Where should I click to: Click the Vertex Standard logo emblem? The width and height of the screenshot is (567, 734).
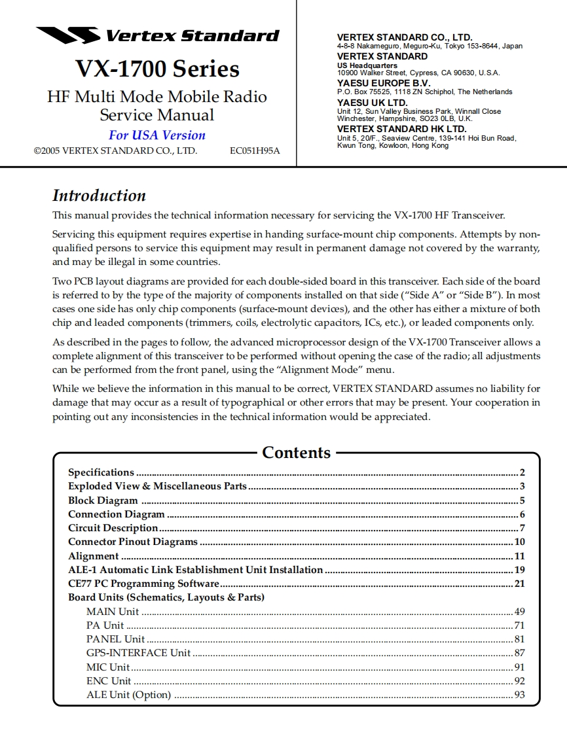tap(67, 35)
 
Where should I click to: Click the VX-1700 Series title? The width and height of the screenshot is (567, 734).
tap(157, 69)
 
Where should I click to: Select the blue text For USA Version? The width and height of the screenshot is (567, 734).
tap(157, 135)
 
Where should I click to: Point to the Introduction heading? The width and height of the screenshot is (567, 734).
tap(99, 196)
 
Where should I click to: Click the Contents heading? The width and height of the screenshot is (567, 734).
tap(296, 453)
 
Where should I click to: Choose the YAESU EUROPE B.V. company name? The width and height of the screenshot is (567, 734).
tap(384, 84)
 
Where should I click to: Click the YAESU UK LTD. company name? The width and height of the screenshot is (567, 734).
tap(372, 103)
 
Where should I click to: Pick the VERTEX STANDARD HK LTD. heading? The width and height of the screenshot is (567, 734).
tap(401, 130)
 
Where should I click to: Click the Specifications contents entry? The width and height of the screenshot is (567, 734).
tap(101, 472)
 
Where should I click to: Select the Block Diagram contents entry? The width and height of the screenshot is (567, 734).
tap(103, 500)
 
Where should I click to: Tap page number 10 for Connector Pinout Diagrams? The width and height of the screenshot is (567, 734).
tap(519, 542)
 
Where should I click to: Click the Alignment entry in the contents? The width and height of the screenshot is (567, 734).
tap(94, 556)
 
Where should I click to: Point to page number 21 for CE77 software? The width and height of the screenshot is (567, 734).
tap(519, 584)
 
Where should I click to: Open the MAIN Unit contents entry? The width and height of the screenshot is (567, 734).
tap(113, 612)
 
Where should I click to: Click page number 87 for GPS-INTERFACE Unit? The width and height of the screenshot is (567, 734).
tap(519, 653)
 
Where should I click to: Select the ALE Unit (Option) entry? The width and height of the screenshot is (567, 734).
tap(128, 695)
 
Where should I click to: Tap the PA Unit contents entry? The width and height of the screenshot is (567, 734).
tap(105, 625)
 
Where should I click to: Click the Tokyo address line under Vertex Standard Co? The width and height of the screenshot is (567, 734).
tap(430, 46)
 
